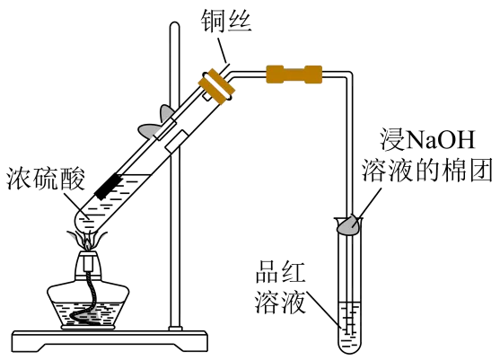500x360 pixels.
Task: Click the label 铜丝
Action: point(226,22)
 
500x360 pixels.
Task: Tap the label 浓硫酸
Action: point(46,179)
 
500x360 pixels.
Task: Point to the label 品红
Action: point(280,272)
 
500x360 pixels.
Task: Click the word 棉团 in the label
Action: point(468,171)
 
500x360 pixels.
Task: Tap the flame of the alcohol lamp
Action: point(87,242)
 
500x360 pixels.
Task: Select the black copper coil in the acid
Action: point(108,187)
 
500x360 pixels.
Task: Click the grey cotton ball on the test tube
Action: point(348,224)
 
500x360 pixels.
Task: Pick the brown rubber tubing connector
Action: point(294,75)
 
